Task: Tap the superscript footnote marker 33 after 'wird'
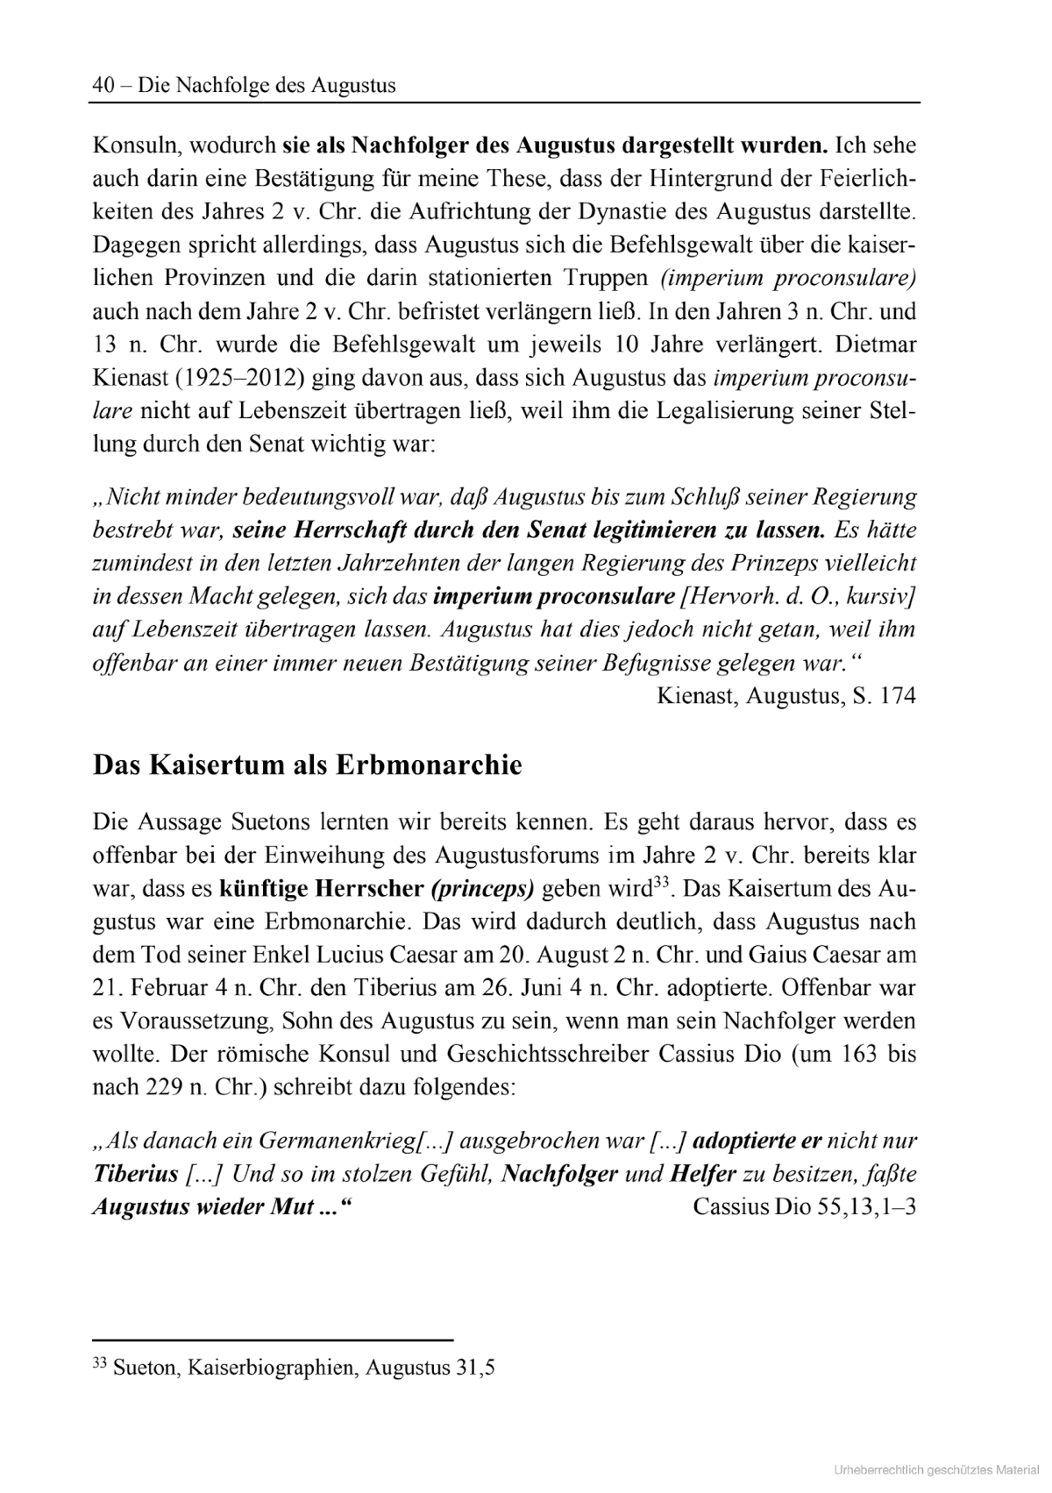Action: click(662, 881)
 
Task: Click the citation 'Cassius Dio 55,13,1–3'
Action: click(804, 1206)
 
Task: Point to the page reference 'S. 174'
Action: click(885, 696)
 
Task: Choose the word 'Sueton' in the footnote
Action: click(143, 1368)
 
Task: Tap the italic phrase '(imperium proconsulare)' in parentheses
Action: click(788, 278)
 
